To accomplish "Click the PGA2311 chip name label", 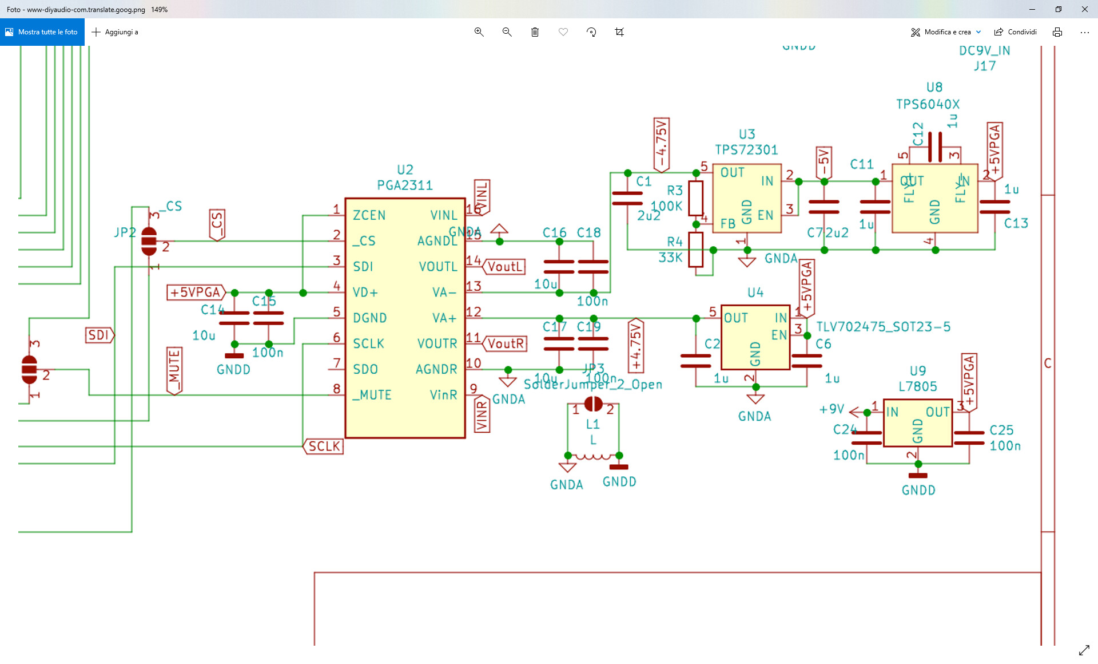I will pyautogui.click(x=404, y=185).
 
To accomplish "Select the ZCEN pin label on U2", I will pyautogui.click(x=369, y=216).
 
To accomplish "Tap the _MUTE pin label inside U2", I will pyautogui.click(x=372, y=395).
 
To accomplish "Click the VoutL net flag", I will pyautogui.click(x=504, y=267).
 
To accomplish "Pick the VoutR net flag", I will pyautogui.click(x=505, y=343).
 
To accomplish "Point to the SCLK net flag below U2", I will pyautogui.click(x=323, y=446).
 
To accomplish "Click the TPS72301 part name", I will pyautogui.click(x=746, y=150).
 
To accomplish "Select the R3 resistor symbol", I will pyautogui.click(x=695, y=198).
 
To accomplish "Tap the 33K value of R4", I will pyautogui.click(x=670, y=258).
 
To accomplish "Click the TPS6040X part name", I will pyautogui.click(x=928, y=104).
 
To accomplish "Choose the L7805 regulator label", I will pyautogui.click(x=917, y=386).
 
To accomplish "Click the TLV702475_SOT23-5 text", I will pyautogui.click(x=883, y=327).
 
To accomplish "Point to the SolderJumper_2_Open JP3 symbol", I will pyautogui.click(x=593, y=404).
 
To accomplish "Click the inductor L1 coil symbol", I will pyautogui.click(x=593, y=457).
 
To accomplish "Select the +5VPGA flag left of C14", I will pyautogui.click(x=196, y=293).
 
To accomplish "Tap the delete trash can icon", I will pyautogui.click(x=535, y=32).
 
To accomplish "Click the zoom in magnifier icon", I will pyautogui.click(x=479, y=32).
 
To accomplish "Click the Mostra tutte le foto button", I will pyautogui.click(x=42, y=32).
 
